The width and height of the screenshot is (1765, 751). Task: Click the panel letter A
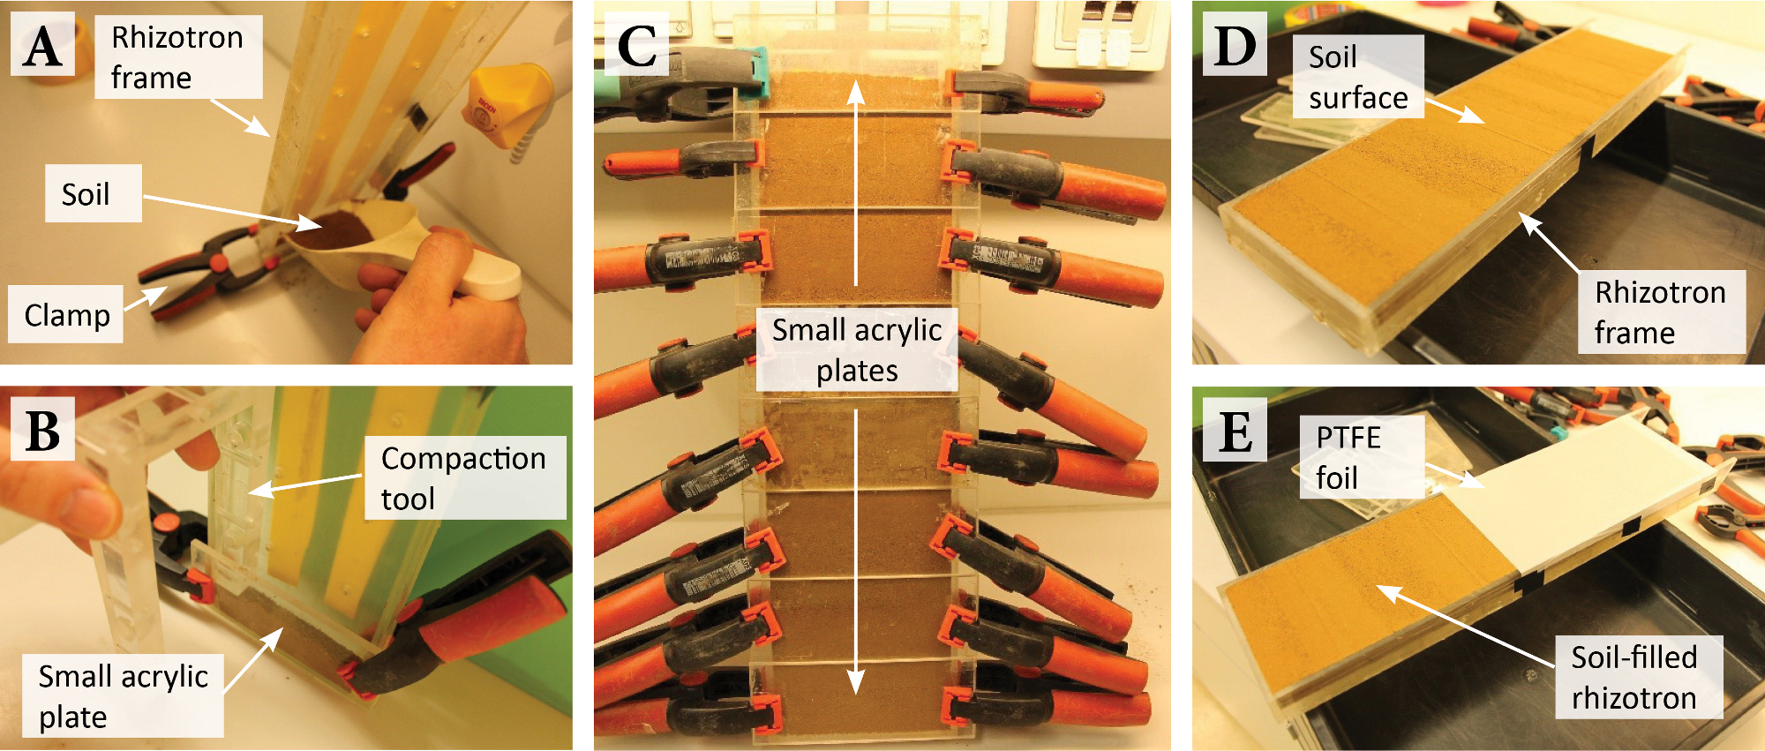42,46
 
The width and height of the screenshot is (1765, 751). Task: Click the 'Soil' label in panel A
86,194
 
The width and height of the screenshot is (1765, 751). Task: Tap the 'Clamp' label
67,315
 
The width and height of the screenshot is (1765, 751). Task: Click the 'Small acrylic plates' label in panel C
856,349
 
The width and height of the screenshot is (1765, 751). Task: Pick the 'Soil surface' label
1357,78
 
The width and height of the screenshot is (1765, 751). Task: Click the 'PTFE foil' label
1348,457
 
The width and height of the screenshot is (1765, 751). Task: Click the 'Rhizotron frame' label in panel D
1659,312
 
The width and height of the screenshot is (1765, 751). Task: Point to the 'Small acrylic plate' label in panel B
123,695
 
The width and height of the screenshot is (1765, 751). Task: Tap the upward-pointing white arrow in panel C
855,176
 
